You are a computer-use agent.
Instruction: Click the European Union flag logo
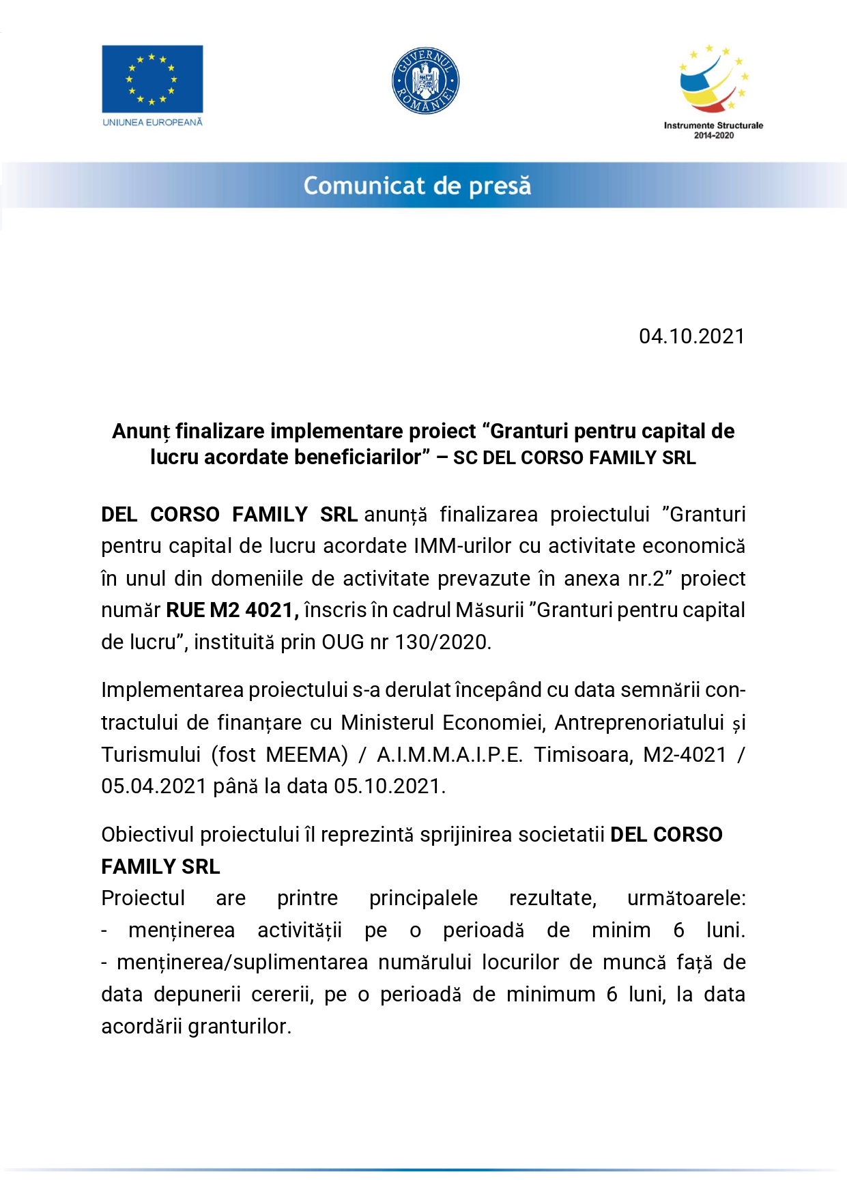[152, 79]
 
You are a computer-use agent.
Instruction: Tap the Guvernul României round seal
[425, 81]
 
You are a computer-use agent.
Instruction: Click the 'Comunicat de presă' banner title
[417, 186]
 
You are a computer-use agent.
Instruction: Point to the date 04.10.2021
[691, 336]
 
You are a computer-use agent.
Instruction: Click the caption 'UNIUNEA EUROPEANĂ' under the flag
[152, 122]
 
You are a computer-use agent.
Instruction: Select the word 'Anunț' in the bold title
[141, 431]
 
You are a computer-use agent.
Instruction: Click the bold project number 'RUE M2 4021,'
[233, 610]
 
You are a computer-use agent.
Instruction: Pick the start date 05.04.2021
[154, 786]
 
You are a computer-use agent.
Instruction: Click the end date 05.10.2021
[390, 786]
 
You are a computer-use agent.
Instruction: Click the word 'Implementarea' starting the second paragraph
[172, 689]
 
